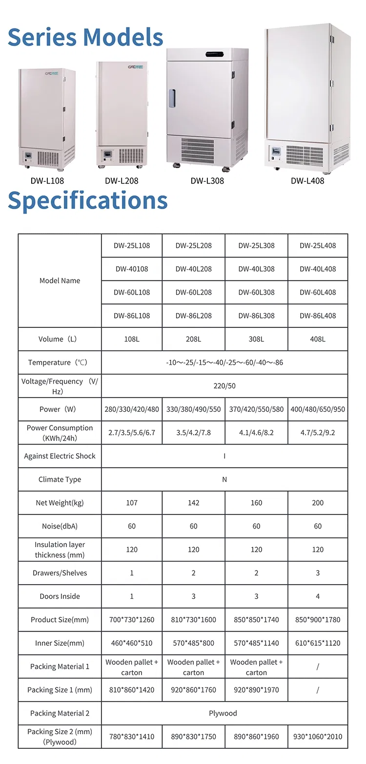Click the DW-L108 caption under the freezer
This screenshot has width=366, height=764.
coord(47,181)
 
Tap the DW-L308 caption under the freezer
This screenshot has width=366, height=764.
coord(207,181)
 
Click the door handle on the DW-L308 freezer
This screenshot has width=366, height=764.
coord(172,98)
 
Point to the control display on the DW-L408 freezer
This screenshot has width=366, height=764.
coord(276,151)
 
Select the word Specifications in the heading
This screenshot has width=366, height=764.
coord(88,200)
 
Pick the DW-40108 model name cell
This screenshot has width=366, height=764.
coord(132,269)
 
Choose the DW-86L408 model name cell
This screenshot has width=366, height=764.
coord(318,316)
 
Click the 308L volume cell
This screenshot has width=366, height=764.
coord(256,339)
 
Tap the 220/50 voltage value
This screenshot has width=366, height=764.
coord(224,386)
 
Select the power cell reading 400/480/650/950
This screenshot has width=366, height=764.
coord(318,409)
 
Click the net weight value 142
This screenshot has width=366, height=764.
coord(194,503)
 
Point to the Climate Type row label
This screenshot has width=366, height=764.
coord(60,479)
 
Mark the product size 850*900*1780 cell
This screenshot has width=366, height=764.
coord(318,619)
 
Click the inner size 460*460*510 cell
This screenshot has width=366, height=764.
coord(132,643)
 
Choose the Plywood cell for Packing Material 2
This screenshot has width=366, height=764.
coord(223,713)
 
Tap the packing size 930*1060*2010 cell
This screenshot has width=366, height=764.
coord(318,737)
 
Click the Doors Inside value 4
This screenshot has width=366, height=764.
coord(318,596)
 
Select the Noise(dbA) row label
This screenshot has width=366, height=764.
coord(60,526)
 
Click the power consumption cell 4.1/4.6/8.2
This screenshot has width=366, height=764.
coord(256,432)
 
